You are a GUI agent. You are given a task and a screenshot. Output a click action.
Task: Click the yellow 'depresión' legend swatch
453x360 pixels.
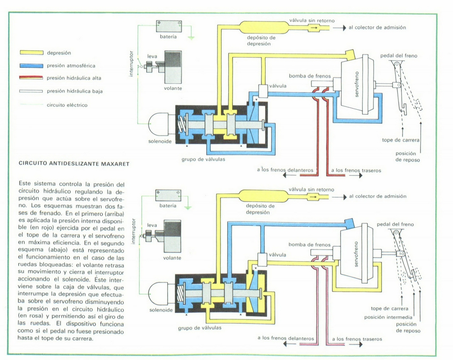pos(31,53)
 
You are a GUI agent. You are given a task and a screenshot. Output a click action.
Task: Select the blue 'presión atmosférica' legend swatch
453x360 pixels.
pos(31,66)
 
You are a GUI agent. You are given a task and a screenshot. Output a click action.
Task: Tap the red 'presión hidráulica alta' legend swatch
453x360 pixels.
pos(31,78)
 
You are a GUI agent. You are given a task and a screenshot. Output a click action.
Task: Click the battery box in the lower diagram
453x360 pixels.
pos(168,195)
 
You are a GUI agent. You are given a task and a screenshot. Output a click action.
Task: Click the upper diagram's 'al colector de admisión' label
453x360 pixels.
pos(377,27)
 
